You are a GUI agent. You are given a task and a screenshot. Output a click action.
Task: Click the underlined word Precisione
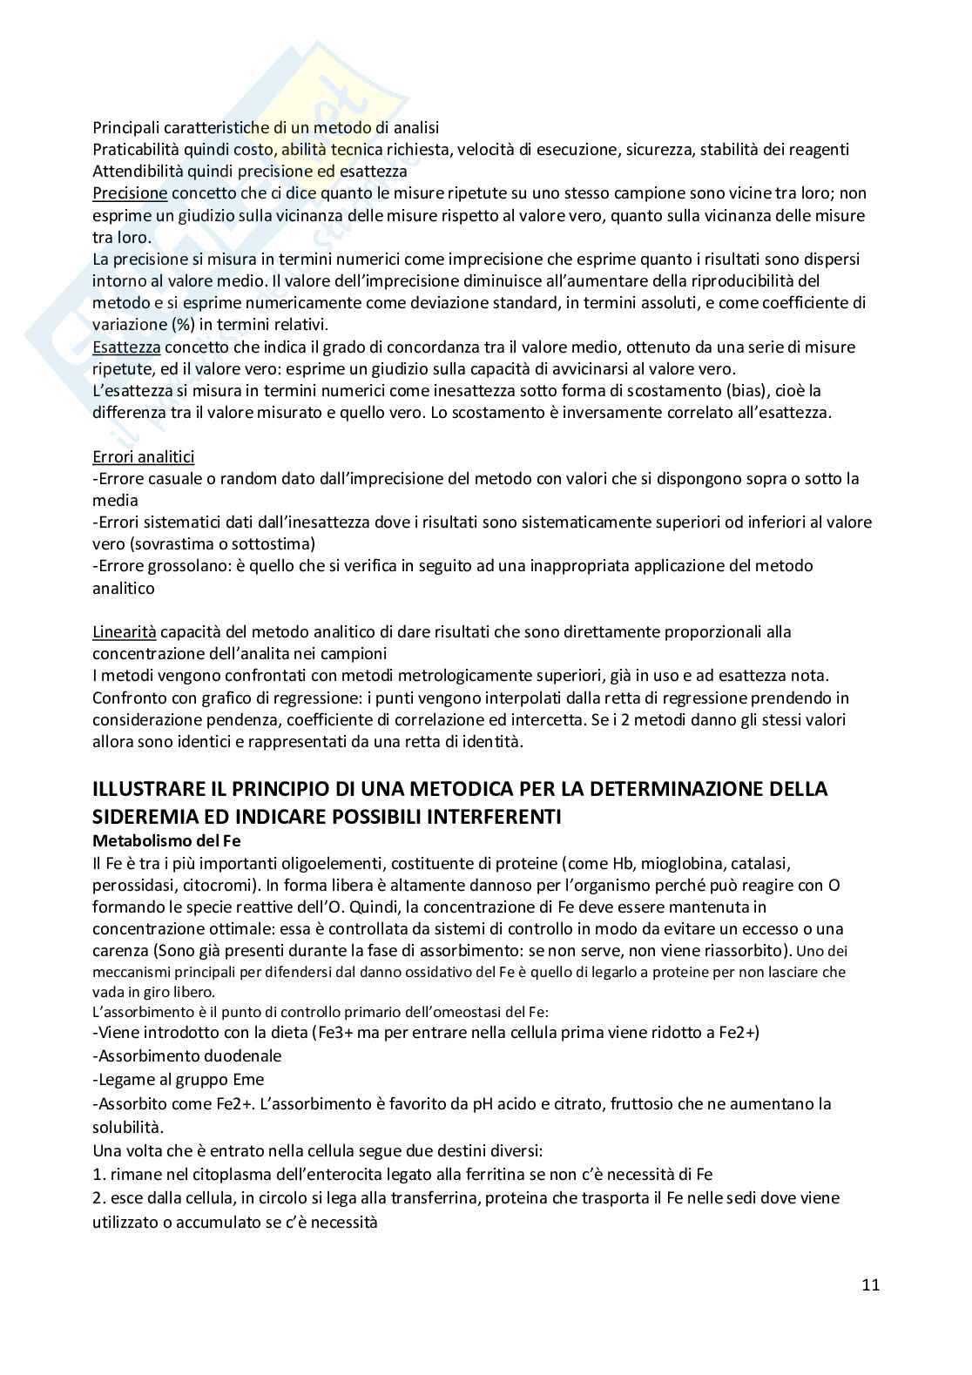130,192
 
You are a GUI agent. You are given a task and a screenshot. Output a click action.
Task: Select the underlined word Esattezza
126,347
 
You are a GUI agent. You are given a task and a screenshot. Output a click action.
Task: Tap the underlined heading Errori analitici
144,456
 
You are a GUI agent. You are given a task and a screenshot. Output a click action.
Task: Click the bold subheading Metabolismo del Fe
166,841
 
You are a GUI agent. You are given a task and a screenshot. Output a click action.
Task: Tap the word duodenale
238,1055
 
